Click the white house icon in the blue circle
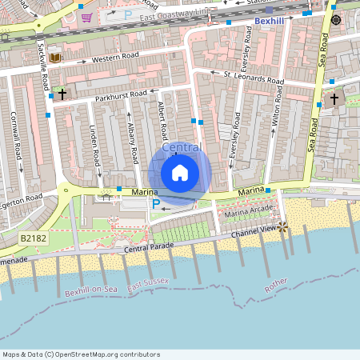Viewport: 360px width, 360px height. (179, 173)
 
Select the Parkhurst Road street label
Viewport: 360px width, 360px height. (121, 94)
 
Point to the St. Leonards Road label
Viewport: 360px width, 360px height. (254, 78)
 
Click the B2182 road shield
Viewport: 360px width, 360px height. (31, 238)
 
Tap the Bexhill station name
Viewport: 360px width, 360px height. (270, 21)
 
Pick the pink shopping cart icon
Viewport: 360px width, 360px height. (86, 17)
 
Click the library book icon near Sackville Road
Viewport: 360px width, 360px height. (54, 58)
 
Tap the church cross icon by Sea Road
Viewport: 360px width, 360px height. (333, 99)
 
